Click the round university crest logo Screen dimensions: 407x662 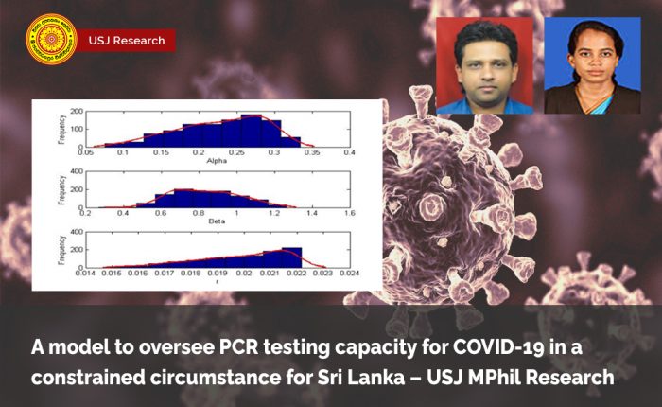coord(51,39)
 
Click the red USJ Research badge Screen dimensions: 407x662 coord(126,40)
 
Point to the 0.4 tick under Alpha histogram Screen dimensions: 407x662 coord(349,151)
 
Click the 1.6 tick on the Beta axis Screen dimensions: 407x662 coord(349,213)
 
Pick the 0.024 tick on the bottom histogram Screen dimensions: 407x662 coord(349,274)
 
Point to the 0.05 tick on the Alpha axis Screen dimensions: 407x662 coord(87,151)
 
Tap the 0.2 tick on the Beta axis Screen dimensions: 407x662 coord(87,213)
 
